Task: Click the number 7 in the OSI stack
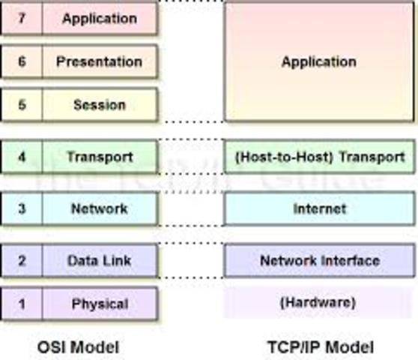click(22, 18)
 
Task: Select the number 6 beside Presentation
click(22, 61)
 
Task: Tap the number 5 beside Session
click(22, 104)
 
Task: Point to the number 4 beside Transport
click(22, 157)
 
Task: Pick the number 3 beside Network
click(22, 208)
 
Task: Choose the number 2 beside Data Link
click(22, 260)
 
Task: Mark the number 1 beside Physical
click(22, 304)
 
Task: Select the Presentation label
click(99, 61)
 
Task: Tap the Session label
click(99, 104)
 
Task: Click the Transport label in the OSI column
click(99, 157)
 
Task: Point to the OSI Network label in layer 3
click(99, 208)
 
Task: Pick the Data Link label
click(99, 260)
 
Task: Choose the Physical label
click(99, 304)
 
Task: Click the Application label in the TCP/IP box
click(318, 61)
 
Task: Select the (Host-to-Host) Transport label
click(318, 157)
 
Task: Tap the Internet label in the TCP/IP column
click(318, 208)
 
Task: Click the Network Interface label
click(318, 260)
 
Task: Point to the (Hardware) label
click(318, 304)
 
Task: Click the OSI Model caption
click(78, 346)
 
